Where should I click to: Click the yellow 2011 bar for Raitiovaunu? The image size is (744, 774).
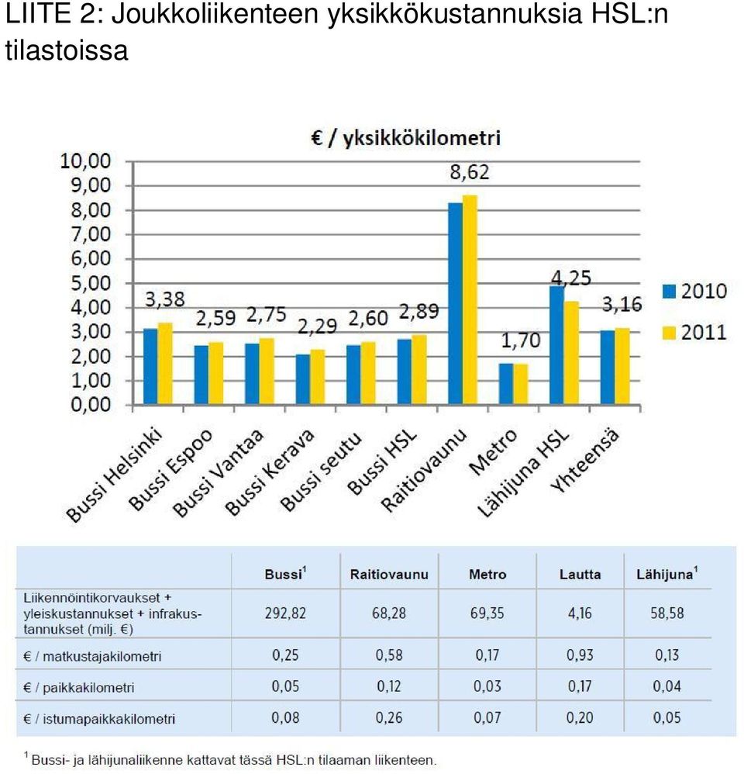click(470, 300)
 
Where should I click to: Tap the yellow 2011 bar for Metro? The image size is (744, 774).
click(521, 385)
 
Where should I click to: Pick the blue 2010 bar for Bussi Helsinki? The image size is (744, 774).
click(150, 367)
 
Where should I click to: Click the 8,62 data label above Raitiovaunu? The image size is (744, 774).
click(470, 172)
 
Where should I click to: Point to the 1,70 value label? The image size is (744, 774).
click(521, 340)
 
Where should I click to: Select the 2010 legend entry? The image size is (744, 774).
click(694, 291)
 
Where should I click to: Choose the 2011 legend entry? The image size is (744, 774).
click(694, 332)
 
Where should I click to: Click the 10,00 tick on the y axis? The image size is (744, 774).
click(85, 161)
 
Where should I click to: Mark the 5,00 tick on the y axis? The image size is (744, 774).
click(91, 283)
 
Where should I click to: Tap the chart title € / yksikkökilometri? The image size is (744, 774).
click(405, 138)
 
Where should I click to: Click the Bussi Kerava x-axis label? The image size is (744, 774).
click(270, 472)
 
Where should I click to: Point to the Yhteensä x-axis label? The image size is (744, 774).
click(584, 461)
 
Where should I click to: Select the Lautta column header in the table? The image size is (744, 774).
click(580, 575)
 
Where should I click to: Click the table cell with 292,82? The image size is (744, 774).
click(285, 613)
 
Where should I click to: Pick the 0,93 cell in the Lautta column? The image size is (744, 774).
click(580, 655)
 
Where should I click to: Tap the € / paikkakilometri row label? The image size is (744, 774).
click(78, 687)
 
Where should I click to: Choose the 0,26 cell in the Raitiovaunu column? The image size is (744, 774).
click(389, 717)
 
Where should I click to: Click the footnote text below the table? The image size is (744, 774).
click(230, 760)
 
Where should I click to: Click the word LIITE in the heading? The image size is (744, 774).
click(37, 13)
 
